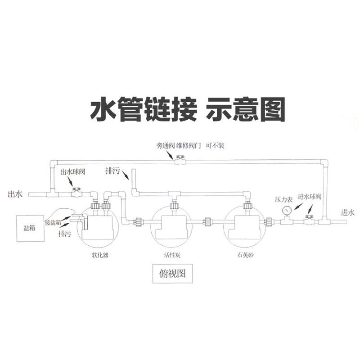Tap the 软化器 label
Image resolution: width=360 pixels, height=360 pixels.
[99, 255]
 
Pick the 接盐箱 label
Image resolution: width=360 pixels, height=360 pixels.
[53, 223]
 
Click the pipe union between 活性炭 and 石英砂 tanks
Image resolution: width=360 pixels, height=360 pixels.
[208, 221]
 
